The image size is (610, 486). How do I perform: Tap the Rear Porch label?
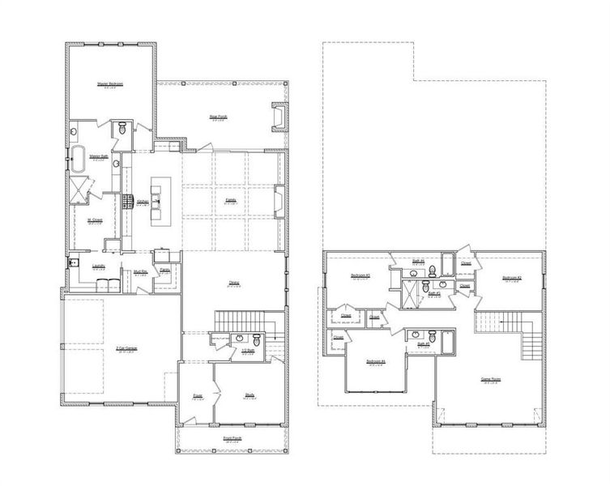coord(218,117)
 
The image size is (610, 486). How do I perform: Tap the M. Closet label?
coord(93,219)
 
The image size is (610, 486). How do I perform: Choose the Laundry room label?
coord(99,265)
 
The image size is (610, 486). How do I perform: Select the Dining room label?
coord(233,282)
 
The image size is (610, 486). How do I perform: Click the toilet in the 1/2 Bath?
coord(258,339)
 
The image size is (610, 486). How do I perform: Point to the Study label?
coord(250,394)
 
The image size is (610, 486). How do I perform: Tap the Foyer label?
coord(196,394)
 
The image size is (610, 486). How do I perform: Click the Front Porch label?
coord(232,438)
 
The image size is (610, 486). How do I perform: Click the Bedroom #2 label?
coord(511,278)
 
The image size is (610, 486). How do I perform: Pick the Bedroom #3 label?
coord(360,276)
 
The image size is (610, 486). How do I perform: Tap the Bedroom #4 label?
coord(375,360)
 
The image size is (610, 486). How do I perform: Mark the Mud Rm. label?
coord(139,274)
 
